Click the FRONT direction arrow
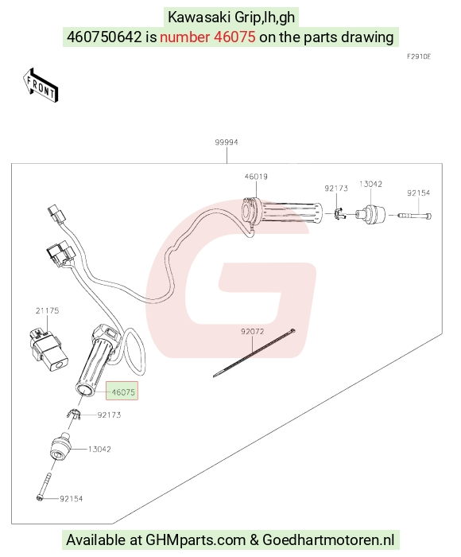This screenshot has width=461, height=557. click(x=40, y=86)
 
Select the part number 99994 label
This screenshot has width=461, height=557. click(x=227, y=142)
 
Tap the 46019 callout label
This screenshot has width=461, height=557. click(x=256, y=177)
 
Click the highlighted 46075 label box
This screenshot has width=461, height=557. click(x=122, y=391)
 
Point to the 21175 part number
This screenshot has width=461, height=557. click(x=47, y=310)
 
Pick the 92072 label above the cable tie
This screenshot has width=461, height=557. click(x=252, y=332)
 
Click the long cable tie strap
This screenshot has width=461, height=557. click(x=254, y=353)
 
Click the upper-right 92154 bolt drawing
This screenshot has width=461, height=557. click(x=414, y=216)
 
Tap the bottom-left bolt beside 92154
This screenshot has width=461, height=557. click(x=44, y=485)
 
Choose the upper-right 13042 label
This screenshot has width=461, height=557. click(x=370, y=184)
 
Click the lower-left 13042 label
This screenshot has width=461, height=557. click(x=99, y=449)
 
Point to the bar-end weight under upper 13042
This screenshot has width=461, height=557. click(x=370, y=215)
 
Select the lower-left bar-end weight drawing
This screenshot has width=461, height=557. click(x=60, y=447)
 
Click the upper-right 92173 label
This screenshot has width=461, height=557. click(x=336, y=189)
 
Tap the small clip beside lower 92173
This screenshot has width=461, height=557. click(x=74, y=415)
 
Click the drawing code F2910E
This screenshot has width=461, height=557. click(x=419, y=56)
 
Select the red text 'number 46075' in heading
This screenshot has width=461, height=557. click(x=207, y=37)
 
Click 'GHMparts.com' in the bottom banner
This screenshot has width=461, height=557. click(x=196, y=540)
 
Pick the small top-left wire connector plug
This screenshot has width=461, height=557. click(x=55, y=212)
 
